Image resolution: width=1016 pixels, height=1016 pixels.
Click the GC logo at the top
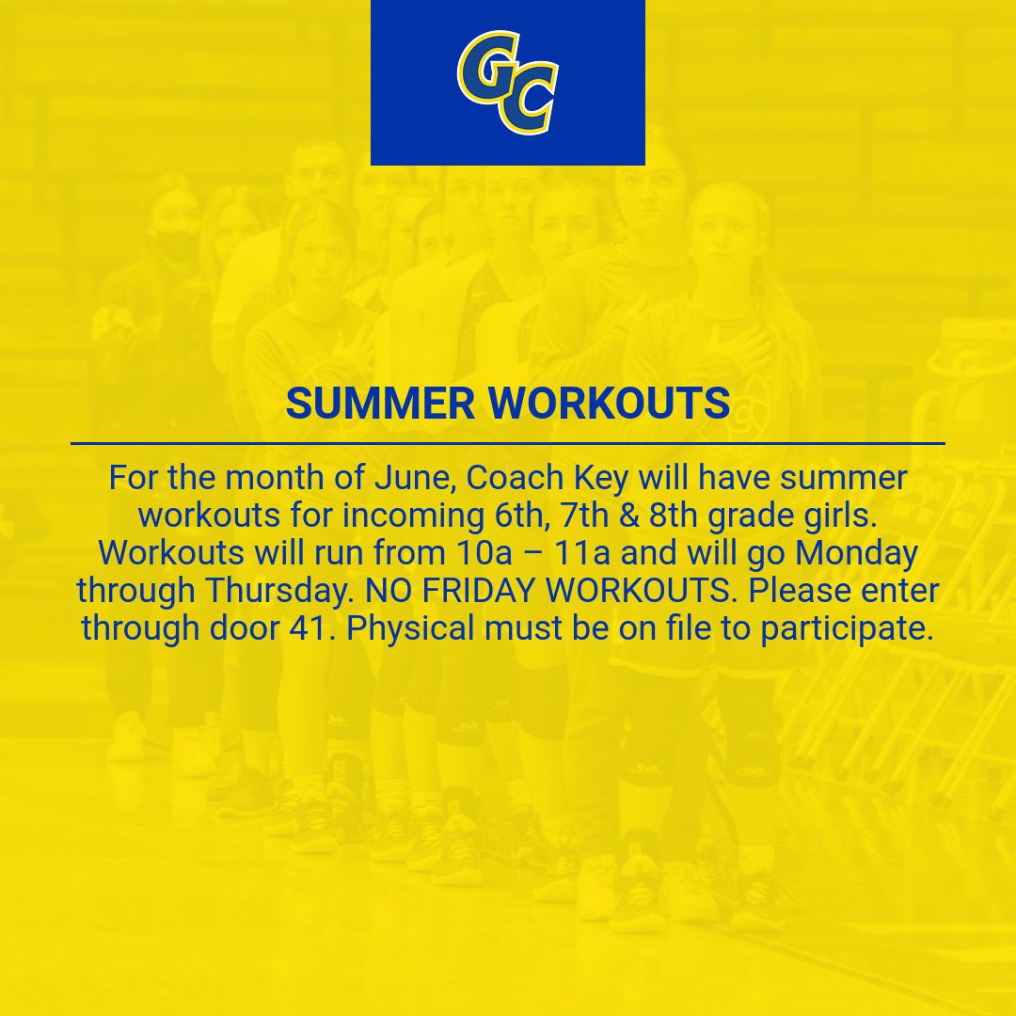click(x=507, y=83)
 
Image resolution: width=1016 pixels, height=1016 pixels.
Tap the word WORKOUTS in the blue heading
click(x=610, y=404)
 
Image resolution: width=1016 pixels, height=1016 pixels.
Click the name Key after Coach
click(x=601, y=478)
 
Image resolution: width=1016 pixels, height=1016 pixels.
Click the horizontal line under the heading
click(x=508, y=442)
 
